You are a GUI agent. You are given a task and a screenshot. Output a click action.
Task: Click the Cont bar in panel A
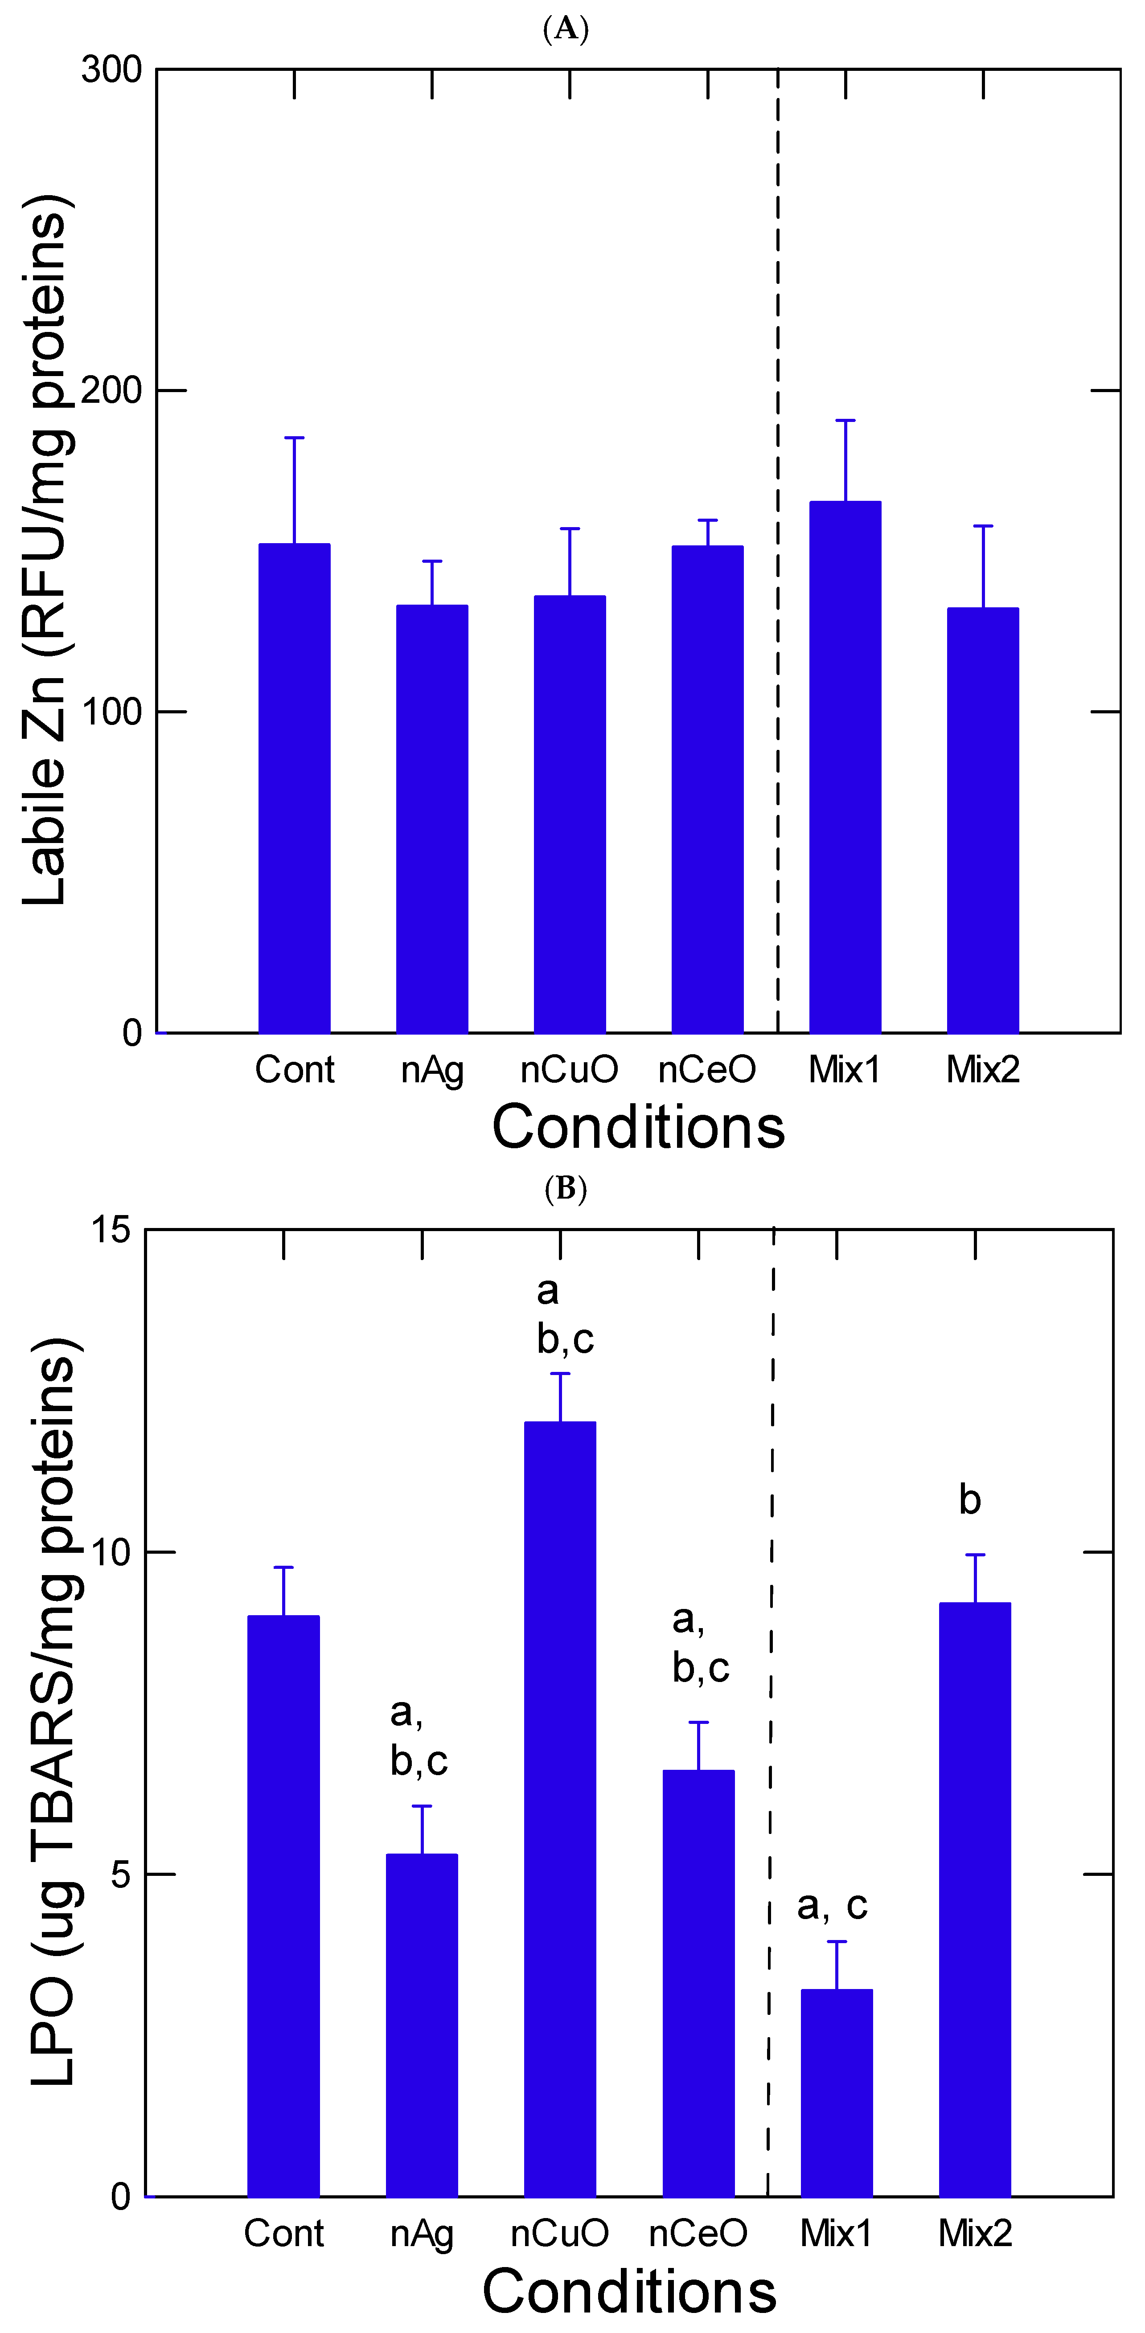tap(295, 788)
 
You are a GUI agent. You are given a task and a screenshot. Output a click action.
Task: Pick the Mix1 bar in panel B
tap(836, 2092)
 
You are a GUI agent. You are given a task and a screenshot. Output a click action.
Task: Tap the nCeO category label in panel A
tap(706, 1070)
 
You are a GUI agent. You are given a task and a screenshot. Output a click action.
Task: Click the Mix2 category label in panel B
tap(975, 2233)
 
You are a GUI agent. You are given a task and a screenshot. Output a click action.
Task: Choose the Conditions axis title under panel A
tap(638, 1128)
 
